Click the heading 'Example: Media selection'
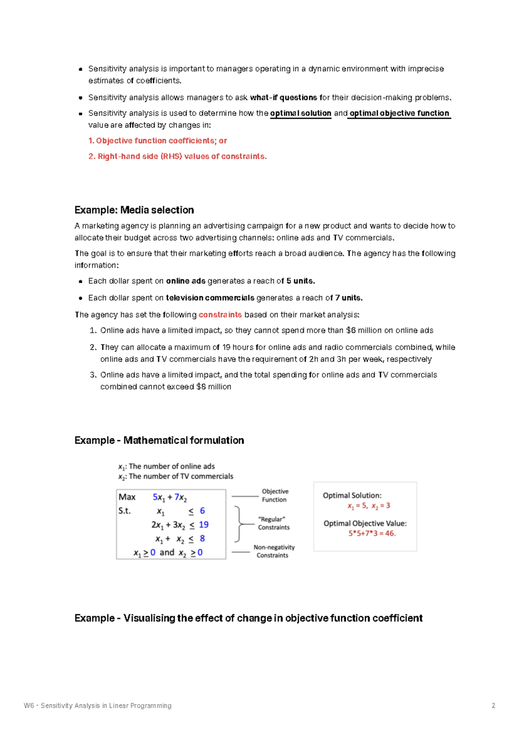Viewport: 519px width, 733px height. [134, 210]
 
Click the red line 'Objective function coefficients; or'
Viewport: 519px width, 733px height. [158, 141]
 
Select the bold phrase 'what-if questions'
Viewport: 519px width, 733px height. [283, 98]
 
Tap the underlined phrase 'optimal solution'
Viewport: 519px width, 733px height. [301, 113]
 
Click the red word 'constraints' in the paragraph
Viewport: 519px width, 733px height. [220, 315]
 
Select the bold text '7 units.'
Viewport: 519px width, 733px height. [349, 298]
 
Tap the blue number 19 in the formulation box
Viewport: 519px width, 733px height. [204, 524]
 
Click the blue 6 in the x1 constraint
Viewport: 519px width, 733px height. [202, 511]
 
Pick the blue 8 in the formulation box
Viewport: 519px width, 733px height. [202, 539]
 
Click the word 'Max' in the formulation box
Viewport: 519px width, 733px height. [127, 497]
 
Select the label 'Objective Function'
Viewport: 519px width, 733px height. [275, 495]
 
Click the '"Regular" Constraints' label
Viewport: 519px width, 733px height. [273, 523]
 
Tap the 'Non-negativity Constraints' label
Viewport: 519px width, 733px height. [273, 551]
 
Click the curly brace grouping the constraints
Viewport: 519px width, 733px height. [238, 524]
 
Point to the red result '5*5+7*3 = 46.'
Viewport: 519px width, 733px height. [372, 533]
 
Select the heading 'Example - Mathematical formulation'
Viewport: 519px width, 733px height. [159, 440]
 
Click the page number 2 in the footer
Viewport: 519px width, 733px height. [493, 705]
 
